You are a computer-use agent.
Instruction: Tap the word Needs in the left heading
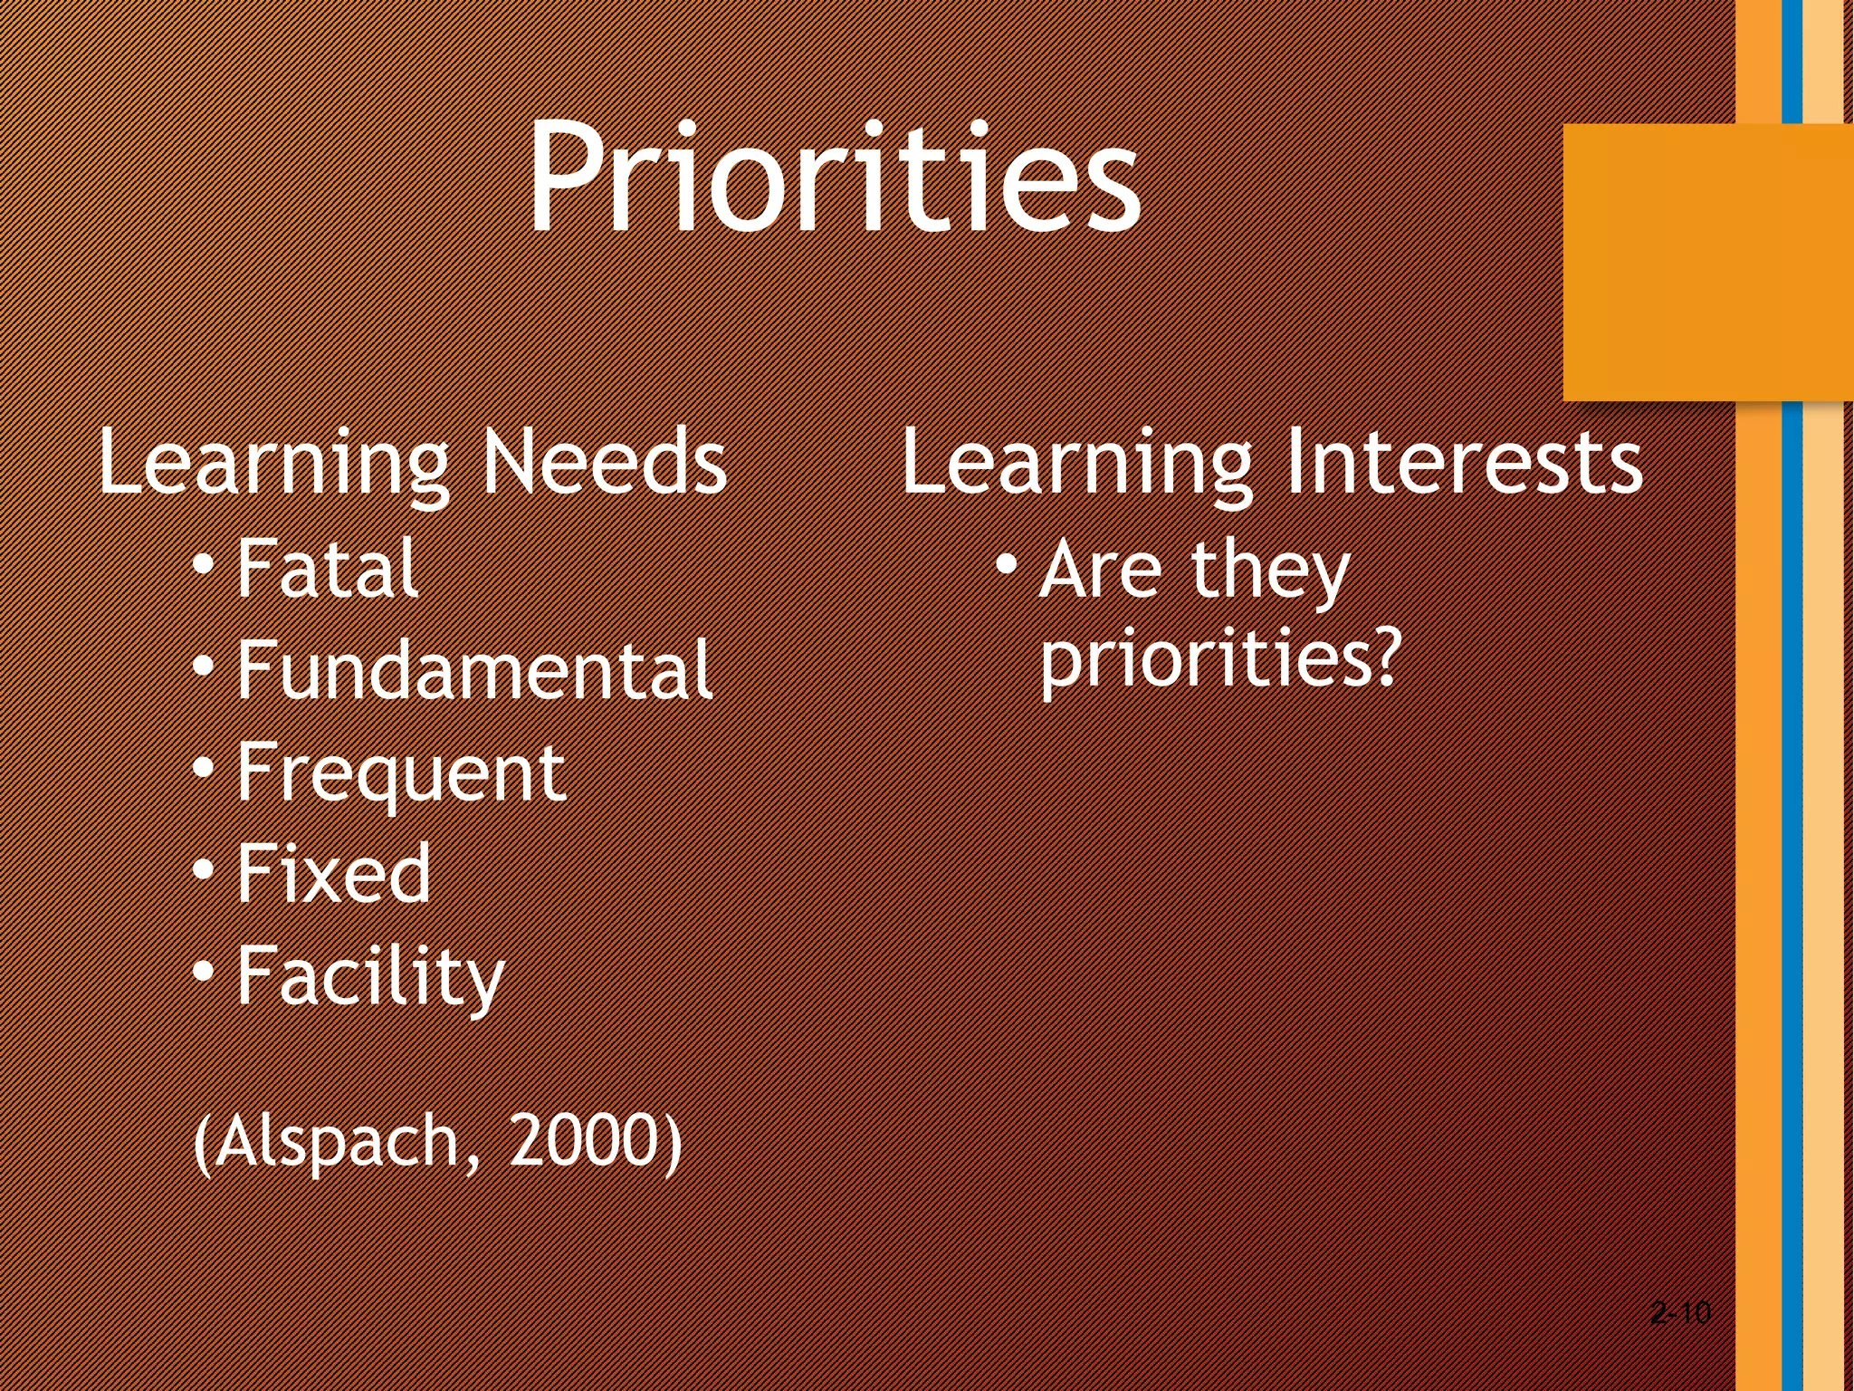click(603, 462)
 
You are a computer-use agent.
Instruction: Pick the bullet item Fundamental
click(473, 670)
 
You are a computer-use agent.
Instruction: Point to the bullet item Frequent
click(400, 774)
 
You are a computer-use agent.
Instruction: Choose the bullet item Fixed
click(333, 874)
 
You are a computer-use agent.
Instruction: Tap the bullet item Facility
click(369, 978)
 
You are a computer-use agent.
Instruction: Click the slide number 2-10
click(1680, 1312)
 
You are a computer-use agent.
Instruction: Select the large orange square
click(1706, 263)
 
